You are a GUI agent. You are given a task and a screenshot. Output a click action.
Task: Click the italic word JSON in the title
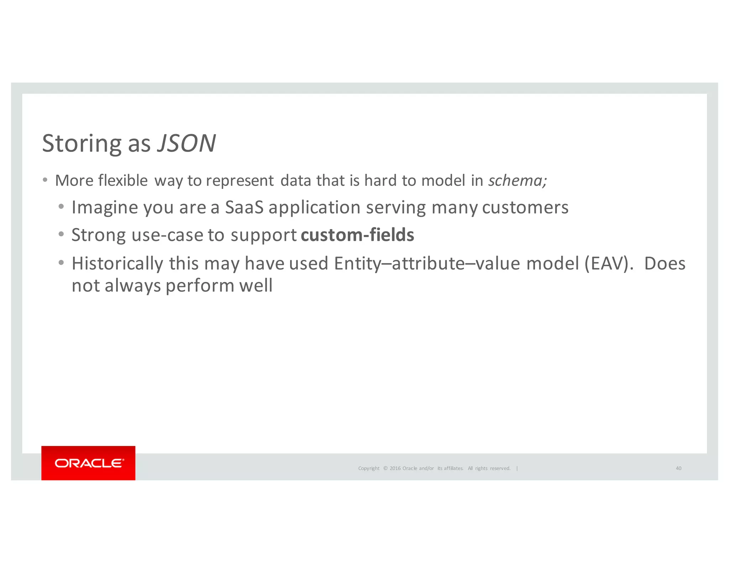coord(186,143)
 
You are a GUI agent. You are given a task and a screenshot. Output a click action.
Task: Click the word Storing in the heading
coord(82,143)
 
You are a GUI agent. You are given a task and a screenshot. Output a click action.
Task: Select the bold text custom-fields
coord(357,235)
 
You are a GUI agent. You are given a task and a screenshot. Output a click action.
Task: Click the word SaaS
coord(244,207)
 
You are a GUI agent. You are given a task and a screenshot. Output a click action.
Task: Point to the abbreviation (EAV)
coord(609,264)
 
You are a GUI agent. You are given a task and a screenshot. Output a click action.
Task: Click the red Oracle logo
coord(88,463)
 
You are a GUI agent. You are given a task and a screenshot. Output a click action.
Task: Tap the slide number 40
coord(678,468)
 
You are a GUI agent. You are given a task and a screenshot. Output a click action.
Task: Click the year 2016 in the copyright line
coord(395,468)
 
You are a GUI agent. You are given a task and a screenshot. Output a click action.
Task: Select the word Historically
coord(117,264)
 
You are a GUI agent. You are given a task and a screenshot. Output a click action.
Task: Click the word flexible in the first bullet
coord(123,180)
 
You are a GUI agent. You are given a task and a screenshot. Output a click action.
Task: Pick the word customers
coord(525,207)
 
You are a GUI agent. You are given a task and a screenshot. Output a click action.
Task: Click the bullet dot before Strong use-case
coord(61,234)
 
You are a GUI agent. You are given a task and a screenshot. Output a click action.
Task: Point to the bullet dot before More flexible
coord(45,180)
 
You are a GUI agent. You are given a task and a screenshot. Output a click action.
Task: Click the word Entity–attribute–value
coord(427,264)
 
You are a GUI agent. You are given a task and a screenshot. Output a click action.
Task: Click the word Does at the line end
coord(665,264)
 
